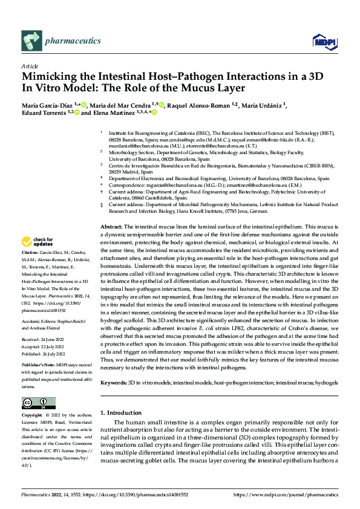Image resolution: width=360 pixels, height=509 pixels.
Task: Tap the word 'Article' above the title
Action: click(x=30, y=66)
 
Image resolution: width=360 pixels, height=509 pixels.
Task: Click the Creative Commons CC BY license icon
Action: click(x=38, y=403)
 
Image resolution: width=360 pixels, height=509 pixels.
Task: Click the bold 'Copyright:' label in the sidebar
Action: click(x=32, y=415)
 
